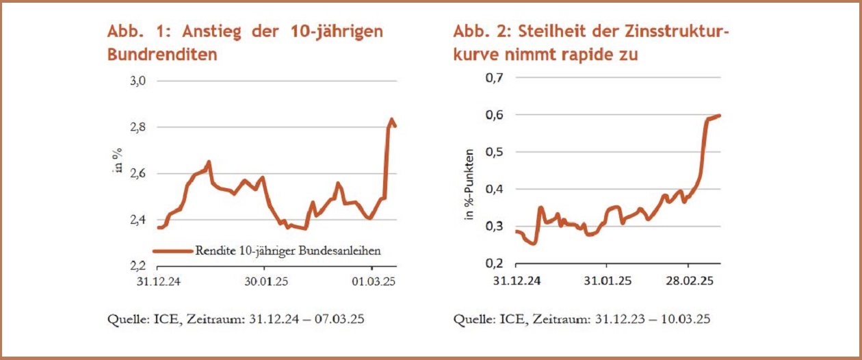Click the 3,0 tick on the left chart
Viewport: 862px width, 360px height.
pos(138,81)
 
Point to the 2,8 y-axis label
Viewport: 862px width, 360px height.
pos(138,127)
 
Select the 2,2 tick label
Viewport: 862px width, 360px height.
pos(138,266)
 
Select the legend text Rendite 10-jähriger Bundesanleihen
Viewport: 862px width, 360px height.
pos(287,250)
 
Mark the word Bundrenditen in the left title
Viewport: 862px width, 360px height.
pos(162,55)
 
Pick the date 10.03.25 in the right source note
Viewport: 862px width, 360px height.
pos(686,319)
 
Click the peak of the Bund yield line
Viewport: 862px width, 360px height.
pos(392,120)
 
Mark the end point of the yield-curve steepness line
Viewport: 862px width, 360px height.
pos(720,116)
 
